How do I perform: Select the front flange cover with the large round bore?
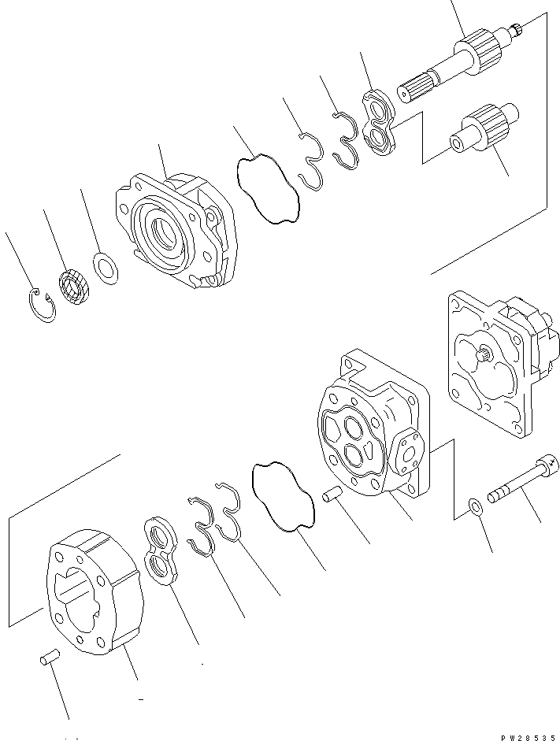pyautogui.click(x=173, y=232)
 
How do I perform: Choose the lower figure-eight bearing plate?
pyautogui.click(x=166, y=551)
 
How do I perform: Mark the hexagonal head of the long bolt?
pyautogui.click(x=545, y=469)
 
